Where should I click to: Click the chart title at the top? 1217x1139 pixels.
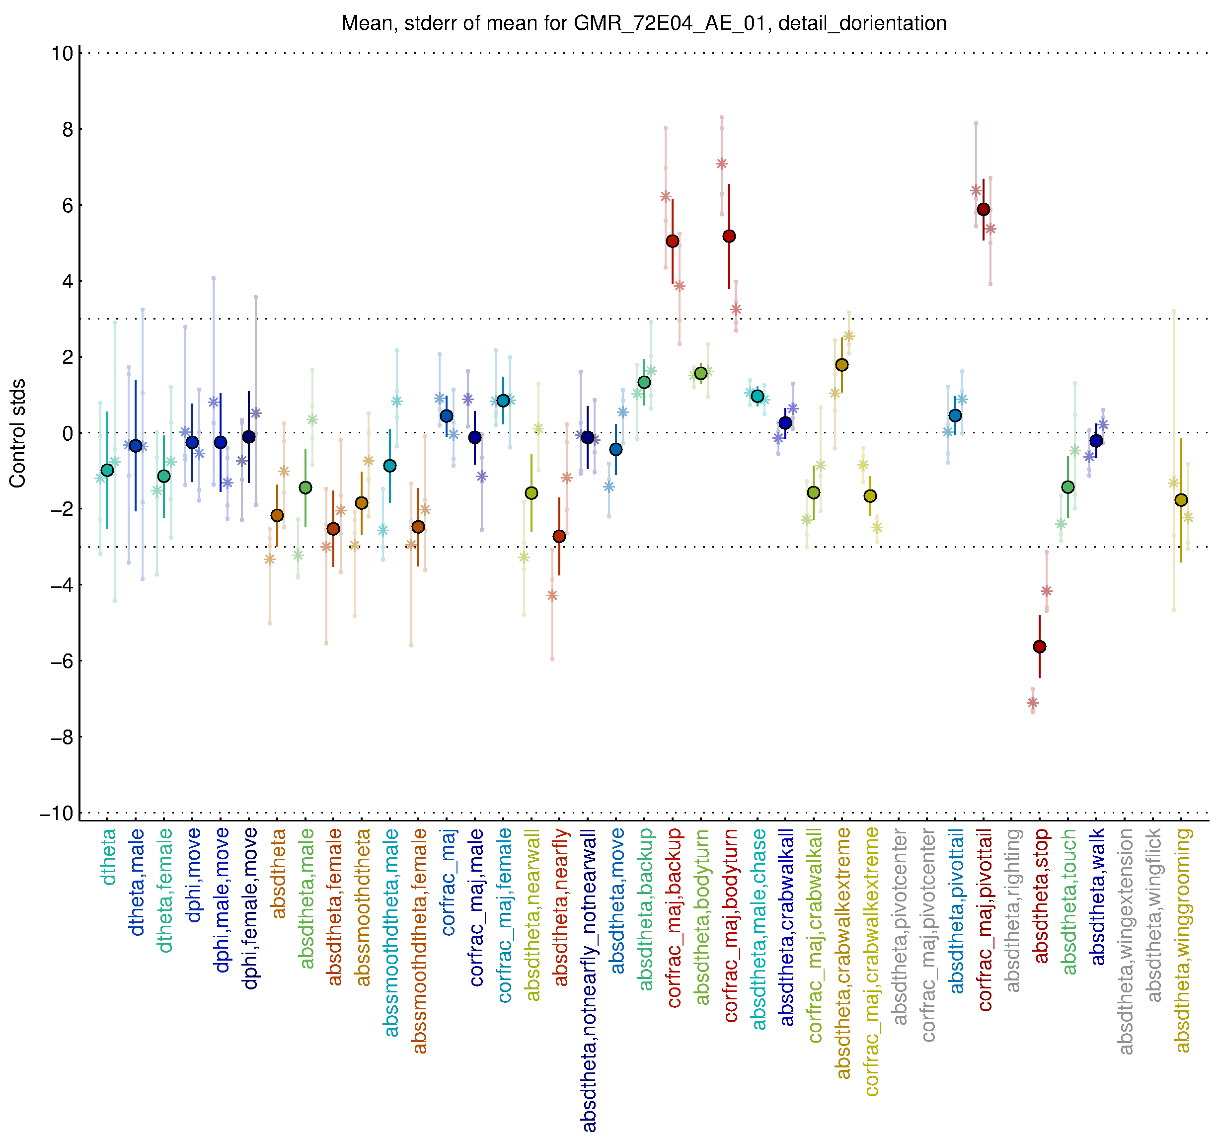pos(643,23)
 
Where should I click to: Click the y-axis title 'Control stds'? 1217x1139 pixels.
pos(18,433)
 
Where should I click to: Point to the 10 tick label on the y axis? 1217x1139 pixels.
pos(62,53)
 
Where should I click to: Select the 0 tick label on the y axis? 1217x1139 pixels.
pos(68,433)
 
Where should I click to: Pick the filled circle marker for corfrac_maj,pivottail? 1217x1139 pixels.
pos(984,209)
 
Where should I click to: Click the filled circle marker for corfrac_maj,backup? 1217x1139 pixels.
pos(673,242)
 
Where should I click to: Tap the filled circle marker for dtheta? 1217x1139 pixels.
pos(107,470)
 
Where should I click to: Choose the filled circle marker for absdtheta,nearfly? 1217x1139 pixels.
pos(559,536)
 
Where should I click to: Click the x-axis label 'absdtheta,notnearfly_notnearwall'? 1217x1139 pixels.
pos(589,980)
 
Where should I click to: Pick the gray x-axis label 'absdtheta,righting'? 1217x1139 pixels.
pos(1012,910)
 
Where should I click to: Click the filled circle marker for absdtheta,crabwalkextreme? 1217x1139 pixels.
pos(842,365)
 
